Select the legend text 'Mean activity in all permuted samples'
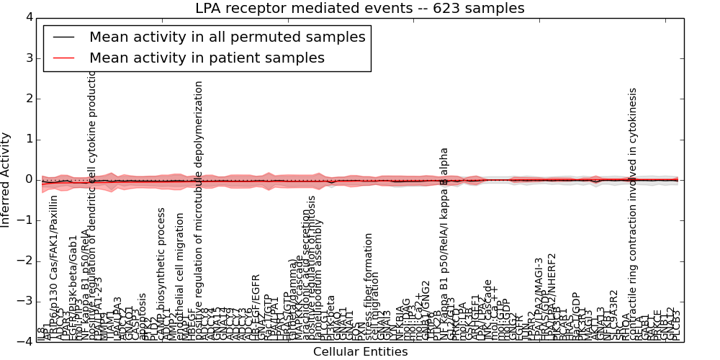point(227,37)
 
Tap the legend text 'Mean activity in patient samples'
point(207,58)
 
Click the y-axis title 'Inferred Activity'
point(6,179)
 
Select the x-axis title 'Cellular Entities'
point(360,352)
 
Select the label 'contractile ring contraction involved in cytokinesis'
point(633,214)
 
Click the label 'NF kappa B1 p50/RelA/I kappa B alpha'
point(444,244)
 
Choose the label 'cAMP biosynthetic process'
point(162,274)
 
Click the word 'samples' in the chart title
point(494,9)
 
